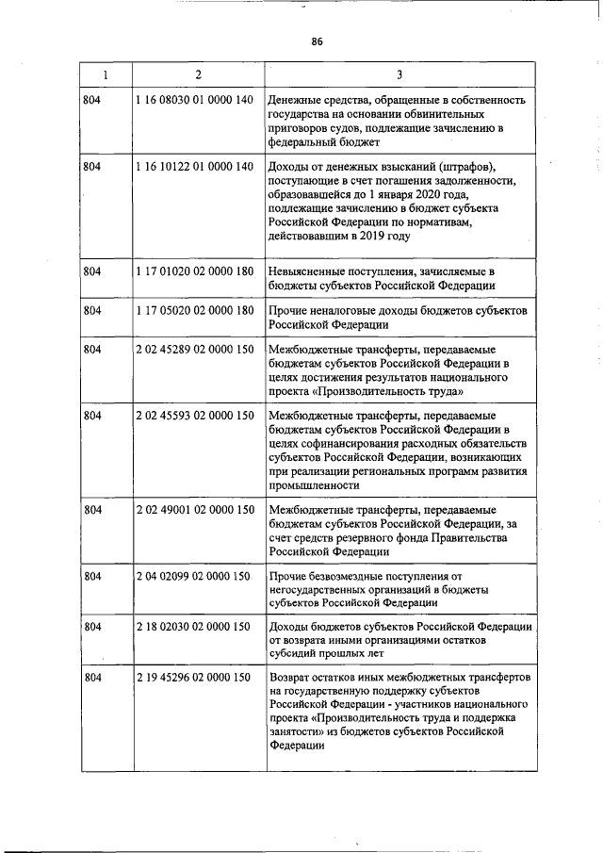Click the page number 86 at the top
click(317, 41)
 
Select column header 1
click(105, 74)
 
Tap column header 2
click(198, 74)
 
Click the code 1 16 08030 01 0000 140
click(195, 100)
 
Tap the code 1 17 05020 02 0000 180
click(195, 310)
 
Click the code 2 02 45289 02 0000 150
click(195, 349)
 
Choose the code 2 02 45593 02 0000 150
click(195, 415)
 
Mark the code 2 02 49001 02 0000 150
click(195, 510)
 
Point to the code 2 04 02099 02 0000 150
click(195, 576)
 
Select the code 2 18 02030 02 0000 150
click(195, 627)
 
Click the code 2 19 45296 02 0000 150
click(195, 679)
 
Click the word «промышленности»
click(314, 485)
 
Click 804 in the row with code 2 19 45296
click(92, 679)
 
